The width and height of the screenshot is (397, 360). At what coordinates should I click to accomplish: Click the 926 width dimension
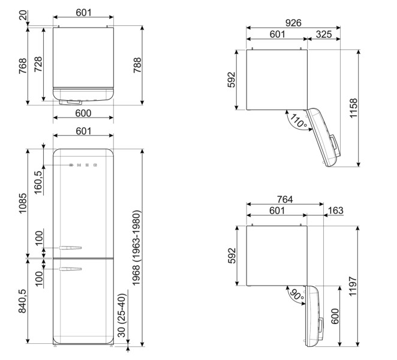point(293,23)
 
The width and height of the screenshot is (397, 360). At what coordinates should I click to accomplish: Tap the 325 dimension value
point(324,35)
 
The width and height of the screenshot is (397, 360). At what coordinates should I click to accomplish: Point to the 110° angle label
point(298,122)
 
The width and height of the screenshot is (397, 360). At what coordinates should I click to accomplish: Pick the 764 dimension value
point(285,199)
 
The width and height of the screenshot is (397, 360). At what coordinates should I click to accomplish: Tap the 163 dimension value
point(336,211)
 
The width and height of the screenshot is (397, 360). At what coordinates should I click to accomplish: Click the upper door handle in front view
point(67,246)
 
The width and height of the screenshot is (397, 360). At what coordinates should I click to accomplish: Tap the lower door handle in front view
point(67,269)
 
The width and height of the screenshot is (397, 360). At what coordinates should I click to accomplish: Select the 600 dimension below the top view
point(83,113)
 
